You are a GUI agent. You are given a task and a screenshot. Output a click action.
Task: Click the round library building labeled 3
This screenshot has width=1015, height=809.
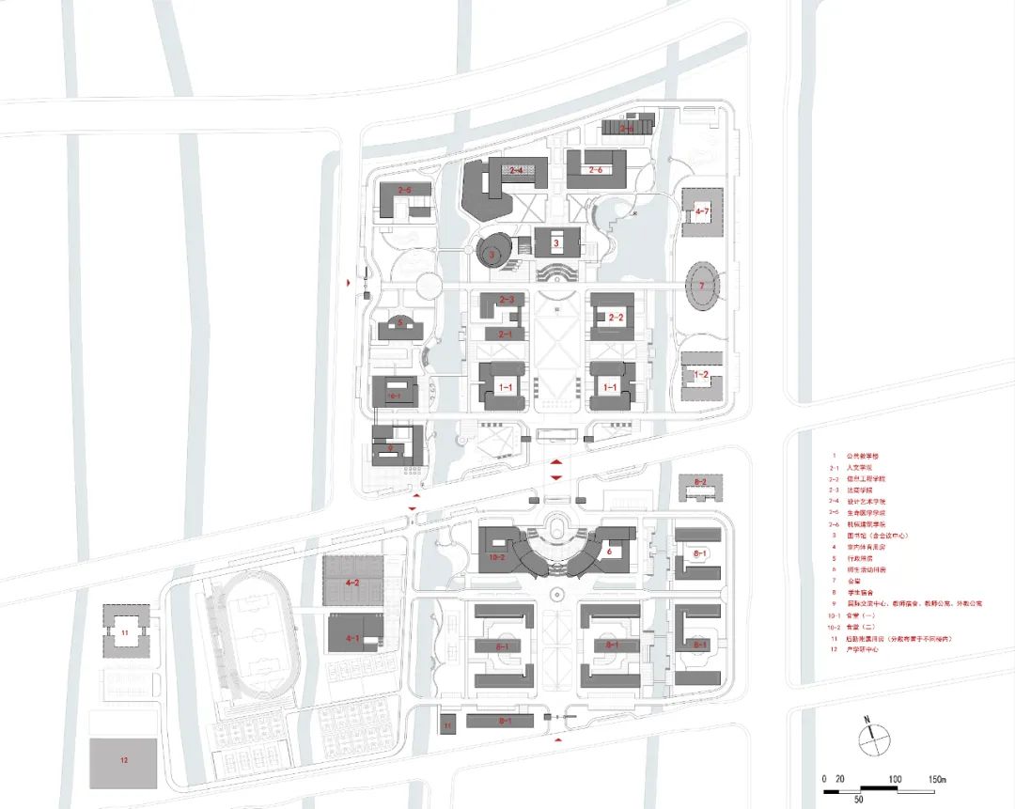pos(492,252)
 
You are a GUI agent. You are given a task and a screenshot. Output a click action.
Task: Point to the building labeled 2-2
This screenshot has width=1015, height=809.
pos(617,317)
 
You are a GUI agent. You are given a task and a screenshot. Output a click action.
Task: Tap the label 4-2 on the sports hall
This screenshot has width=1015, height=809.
pos(353,583)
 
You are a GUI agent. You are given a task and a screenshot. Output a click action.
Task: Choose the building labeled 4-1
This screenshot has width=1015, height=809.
pos(354,637)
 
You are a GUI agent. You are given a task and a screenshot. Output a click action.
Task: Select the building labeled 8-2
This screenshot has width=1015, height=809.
pos(699,483)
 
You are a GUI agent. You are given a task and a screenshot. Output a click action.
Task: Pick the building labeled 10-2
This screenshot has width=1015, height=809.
pos(498,556)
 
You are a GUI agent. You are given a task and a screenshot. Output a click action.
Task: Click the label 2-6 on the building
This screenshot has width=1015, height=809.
pos(594,170)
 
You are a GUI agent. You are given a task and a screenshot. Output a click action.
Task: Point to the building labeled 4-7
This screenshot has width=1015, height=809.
pos(701,211)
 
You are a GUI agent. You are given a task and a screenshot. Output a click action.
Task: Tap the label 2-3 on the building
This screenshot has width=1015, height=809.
pos(507,300)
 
